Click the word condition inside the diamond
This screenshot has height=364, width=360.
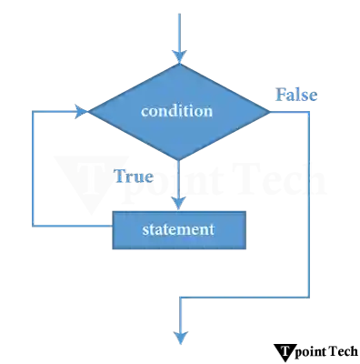177,111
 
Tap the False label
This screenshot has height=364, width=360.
296,95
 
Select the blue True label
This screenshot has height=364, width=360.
134,177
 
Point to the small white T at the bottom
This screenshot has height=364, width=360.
285,350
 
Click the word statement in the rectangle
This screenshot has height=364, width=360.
178,229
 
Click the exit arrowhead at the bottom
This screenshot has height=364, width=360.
182,340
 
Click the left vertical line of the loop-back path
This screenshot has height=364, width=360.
34,168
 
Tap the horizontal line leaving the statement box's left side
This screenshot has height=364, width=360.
73,223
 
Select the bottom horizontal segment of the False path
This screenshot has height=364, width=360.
245,296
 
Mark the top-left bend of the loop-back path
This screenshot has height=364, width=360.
34,112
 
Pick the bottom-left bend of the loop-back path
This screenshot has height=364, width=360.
34,223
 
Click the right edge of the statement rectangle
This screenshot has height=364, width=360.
245,229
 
